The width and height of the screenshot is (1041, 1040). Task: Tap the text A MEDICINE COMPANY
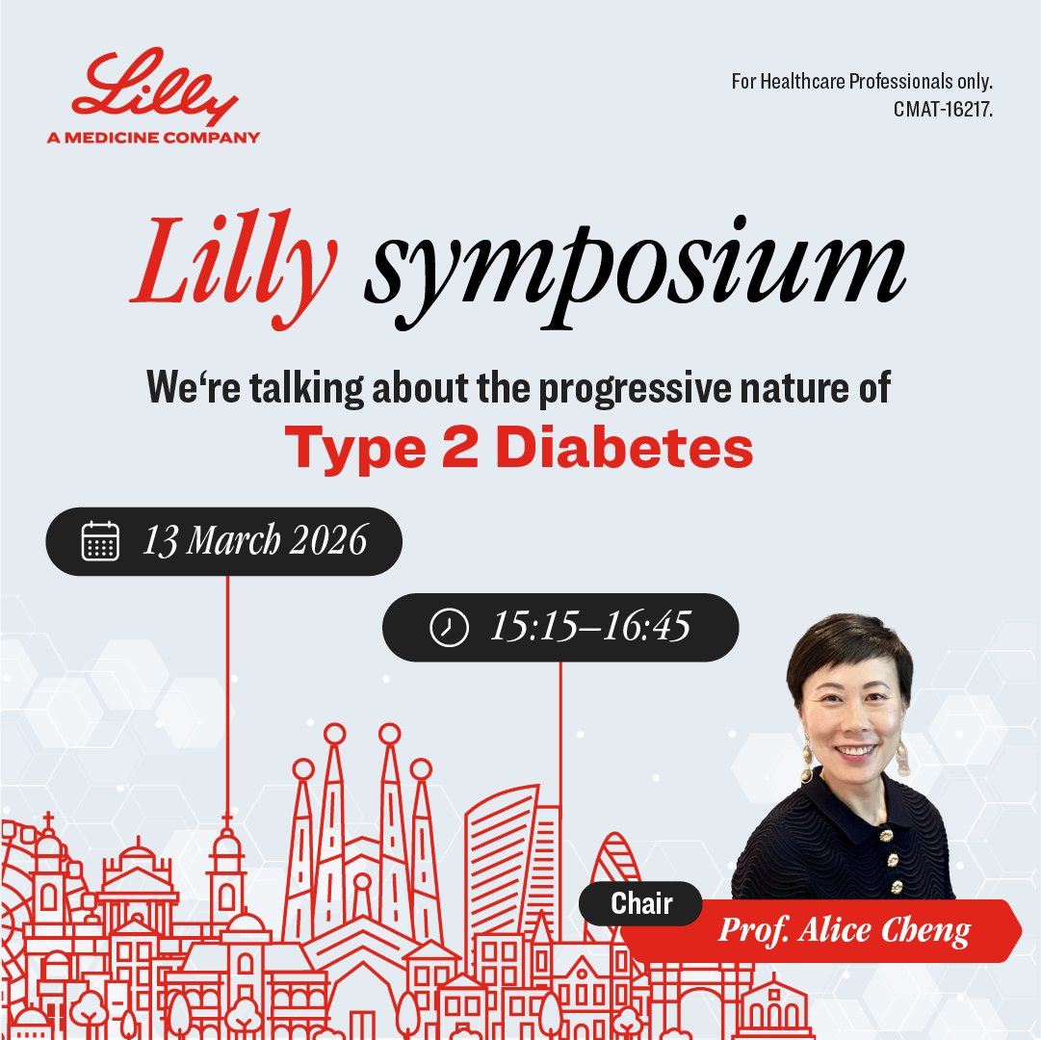click(x=153, y=137)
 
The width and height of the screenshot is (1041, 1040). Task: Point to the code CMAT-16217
click(x=942, y=110)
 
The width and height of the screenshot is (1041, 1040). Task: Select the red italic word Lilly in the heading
click(x=235, y=258)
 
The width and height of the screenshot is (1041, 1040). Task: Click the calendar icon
click(x=100, y=541)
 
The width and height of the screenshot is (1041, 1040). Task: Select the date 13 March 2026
click(x=255, y=541)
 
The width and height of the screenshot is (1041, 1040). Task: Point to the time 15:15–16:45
click(x=590, y=628)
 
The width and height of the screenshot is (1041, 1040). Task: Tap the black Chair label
click(x=641, y=903)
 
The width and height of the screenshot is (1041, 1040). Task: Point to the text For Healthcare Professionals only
click(x=862, y=82)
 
